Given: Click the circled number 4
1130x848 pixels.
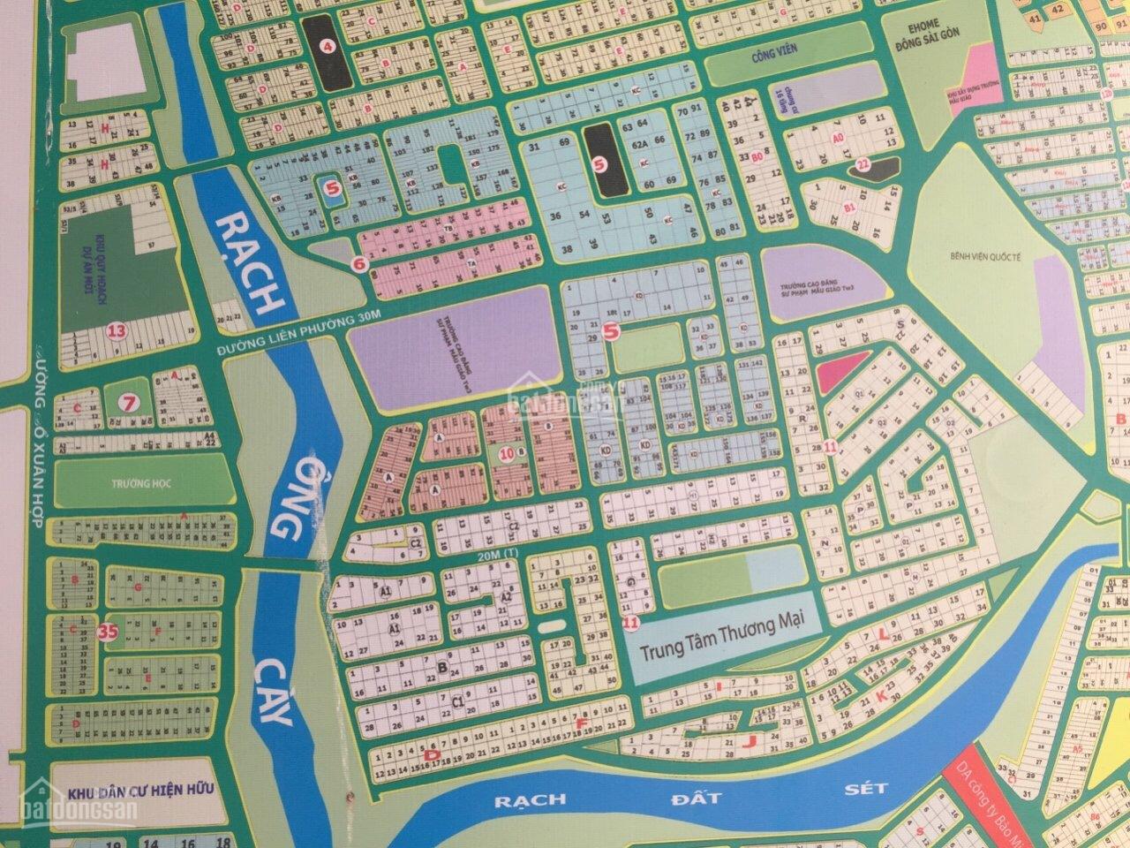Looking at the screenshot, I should click(x=328, y=49).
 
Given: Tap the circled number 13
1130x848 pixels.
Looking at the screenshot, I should click(x=115, y=332).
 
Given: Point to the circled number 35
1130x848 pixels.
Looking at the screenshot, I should click(x=109, y=632).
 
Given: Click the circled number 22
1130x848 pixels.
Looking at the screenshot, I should click(x=863, y=163).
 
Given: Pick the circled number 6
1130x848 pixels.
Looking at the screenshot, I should click(x=358, y=262).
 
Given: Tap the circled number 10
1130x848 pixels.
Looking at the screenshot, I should click(x=506, y=454).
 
